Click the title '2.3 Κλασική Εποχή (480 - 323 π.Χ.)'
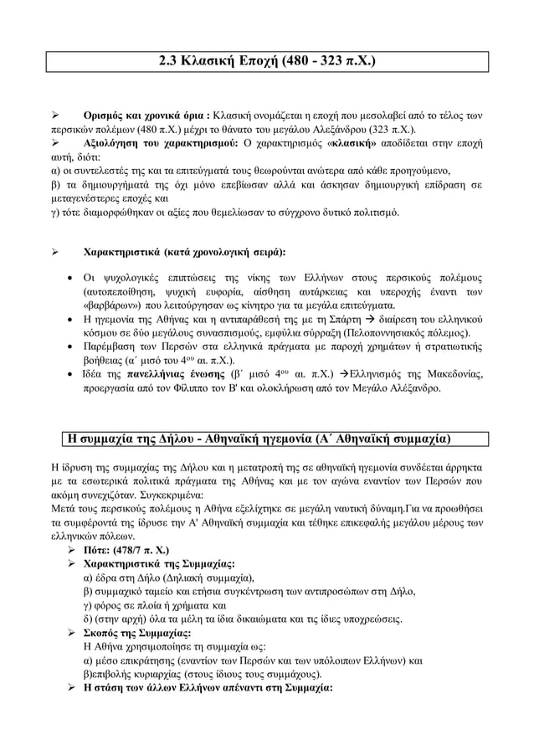tap(267, 61)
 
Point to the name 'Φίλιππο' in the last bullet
tap(188, 388)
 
